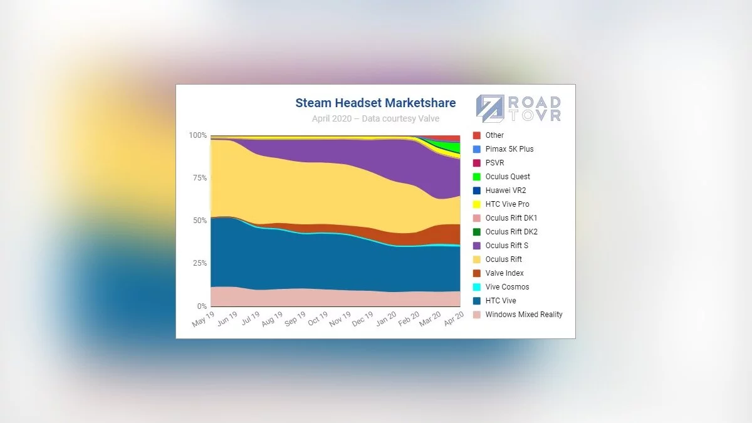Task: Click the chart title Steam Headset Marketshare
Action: (x=375, y=103)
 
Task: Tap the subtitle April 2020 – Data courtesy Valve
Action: (x=375, y=118)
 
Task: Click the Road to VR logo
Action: (x=518, y=108)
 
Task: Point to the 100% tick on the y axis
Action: (x=198, y=135)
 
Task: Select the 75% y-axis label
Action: (x=199, y=178)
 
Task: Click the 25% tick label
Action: (x=199, y=263)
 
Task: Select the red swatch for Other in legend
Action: (x=477, y=135)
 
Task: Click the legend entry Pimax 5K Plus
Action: (x=509, y=149)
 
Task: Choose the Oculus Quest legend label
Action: (x=508, y=177)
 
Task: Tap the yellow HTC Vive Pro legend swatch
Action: (x=477, y=204)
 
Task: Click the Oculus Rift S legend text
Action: (x=506, y=246)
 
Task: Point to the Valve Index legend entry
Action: (x=504, y=273)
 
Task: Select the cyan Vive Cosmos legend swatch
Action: (x=477, y=287)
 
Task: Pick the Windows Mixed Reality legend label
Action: (x=524, y=315)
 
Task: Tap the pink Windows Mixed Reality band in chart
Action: (x=313, y=298)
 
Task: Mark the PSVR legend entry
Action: (x=494, y=163)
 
